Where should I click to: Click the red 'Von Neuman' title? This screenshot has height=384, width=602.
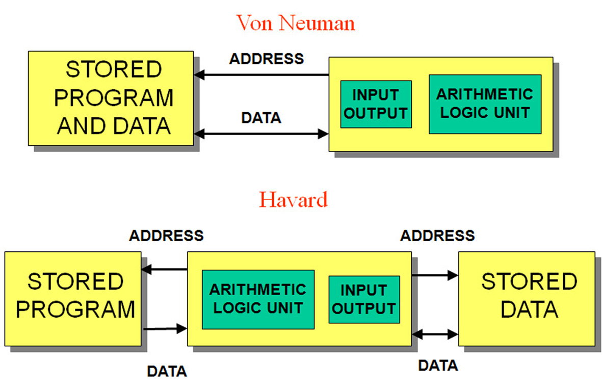click(x=295, y=23)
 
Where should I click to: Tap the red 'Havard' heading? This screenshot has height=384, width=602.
click(x=293, y=199)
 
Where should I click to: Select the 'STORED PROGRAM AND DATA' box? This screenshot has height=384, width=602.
click(x=111, y=98)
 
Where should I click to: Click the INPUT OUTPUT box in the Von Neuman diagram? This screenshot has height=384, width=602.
click(x=376, y=104)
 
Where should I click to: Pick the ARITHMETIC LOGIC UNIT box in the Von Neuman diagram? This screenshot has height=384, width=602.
click(x=485, y=104)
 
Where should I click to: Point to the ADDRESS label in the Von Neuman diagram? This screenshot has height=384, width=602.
click(x=266, y=59)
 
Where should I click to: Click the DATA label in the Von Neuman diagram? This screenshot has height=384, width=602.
click(x=261, y=118)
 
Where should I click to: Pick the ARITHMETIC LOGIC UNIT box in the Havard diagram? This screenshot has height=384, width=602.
click(x=258, y=299)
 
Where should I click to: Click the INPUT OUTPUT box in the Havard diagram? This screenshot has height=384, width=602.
click(x=363, y=299)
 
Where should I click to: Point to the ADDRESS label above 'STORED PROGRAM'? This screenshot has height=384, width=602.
click(x=166, y=236)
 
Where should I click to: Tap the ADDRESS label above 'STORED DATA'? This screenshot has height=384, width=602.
click(x=437, y=236)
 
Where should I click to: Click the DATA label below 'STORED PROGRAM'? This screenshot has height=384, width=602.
click(x=167, y=371)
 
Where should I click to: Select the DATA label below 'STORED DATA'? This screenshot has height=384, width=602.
click(x=438, y=365)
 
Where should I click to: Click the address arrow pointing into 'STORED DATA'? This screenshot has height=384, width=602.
click(x=435, y=275)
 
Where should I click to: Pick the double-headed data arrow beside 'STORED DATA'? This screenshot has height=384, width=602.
click(x=435, y=335)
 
